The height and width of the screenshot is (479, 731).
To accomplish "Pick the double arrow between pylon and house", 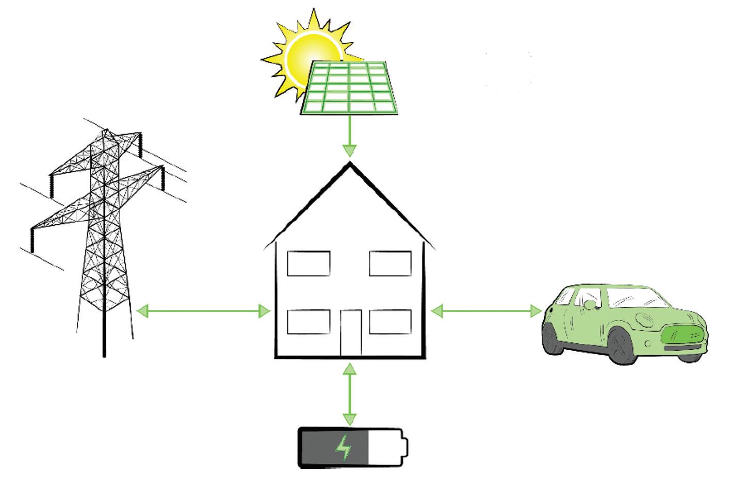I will pos(203,311).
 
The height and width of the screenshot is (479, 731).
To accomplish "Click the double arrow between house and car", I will pos(486,311).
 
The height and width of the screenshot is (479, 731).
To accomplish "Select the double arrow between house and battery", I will pos(350,394).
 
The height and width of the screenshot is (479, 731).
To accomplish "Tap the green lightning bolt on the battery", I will pos(343,448).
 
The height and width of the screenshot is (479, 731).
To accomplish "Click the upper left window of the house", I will pos(308,263).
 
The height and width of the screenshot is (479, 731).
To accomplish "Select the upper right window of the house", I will pos(391,263).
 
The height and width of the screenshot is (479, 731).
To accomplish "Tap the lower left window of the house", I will pos(308,322).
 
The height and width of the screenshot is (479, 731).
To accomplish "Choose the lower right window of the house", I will pos(391,322).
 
